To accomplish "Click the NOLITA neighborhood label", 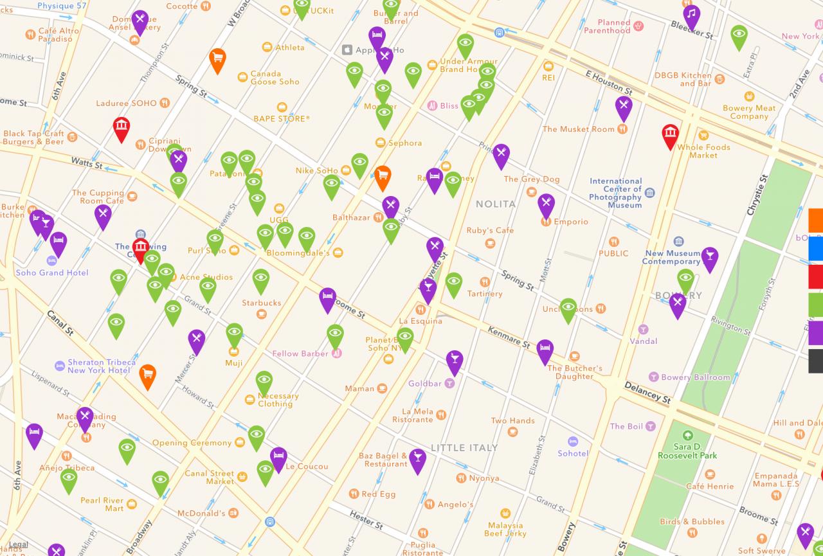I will click(495, 204).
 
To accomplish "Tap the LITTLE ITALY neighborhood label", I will click(464, 447).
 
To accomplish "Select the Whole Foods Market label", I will click(703, 151).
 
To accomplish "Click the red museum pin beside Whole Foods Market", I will click(671, 136).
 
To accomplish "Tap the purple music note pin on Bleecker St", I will click(692, 16).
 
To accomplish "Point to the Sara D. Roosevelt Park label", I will click(687, 451).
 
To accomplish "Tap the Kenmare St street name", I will click(509, 336).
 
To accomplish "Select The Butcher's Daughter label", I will click(575, 372).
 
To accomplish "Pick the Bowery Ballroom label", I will click(695, 377).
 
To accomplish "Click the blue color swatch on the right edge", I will click(815, 249).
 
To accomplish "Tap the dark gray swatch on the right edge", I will click(815, 361).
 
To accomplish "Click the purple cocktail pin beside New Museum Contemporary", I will click(710, 258).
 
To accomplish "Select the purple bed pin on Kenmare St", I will click(545, 350).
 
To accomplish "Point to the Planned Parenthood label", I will click(607, 26).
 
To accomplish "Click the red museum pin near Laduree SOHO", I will click(121, 128).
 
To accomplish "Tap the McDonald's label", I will click(201, 513).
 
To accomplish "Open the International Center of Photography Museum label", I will click(615, 193).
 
